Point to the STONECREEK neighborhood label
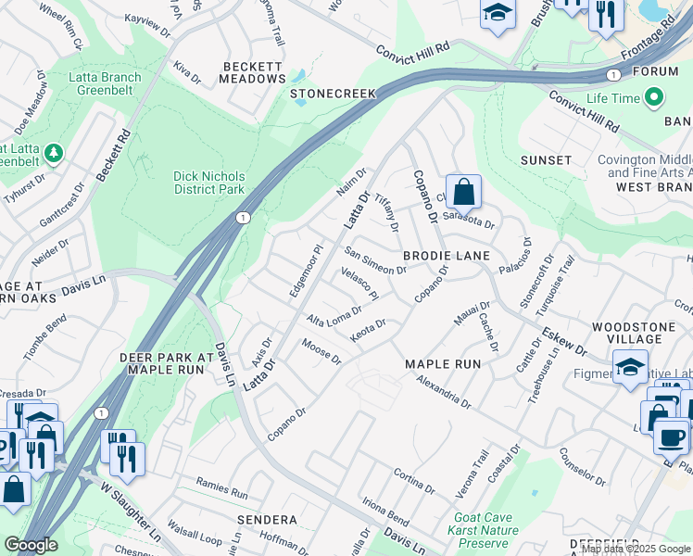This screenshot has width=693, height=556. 333,94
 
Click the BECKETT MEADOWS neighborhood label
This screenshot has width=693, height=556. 252,72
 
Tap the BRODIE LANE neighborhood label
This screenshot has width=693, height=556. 447,255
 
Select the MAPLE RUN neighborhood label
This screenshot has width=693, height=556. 443,364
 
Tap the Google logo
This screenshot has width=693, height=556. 31,545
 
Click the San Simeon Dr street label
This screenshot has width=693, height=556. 375,260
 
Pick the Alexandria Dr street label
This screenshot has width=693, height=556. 445,392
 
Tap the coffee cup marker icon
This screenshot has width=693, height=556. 671,436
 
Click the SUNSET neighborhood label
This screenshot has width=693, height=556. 546,160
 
